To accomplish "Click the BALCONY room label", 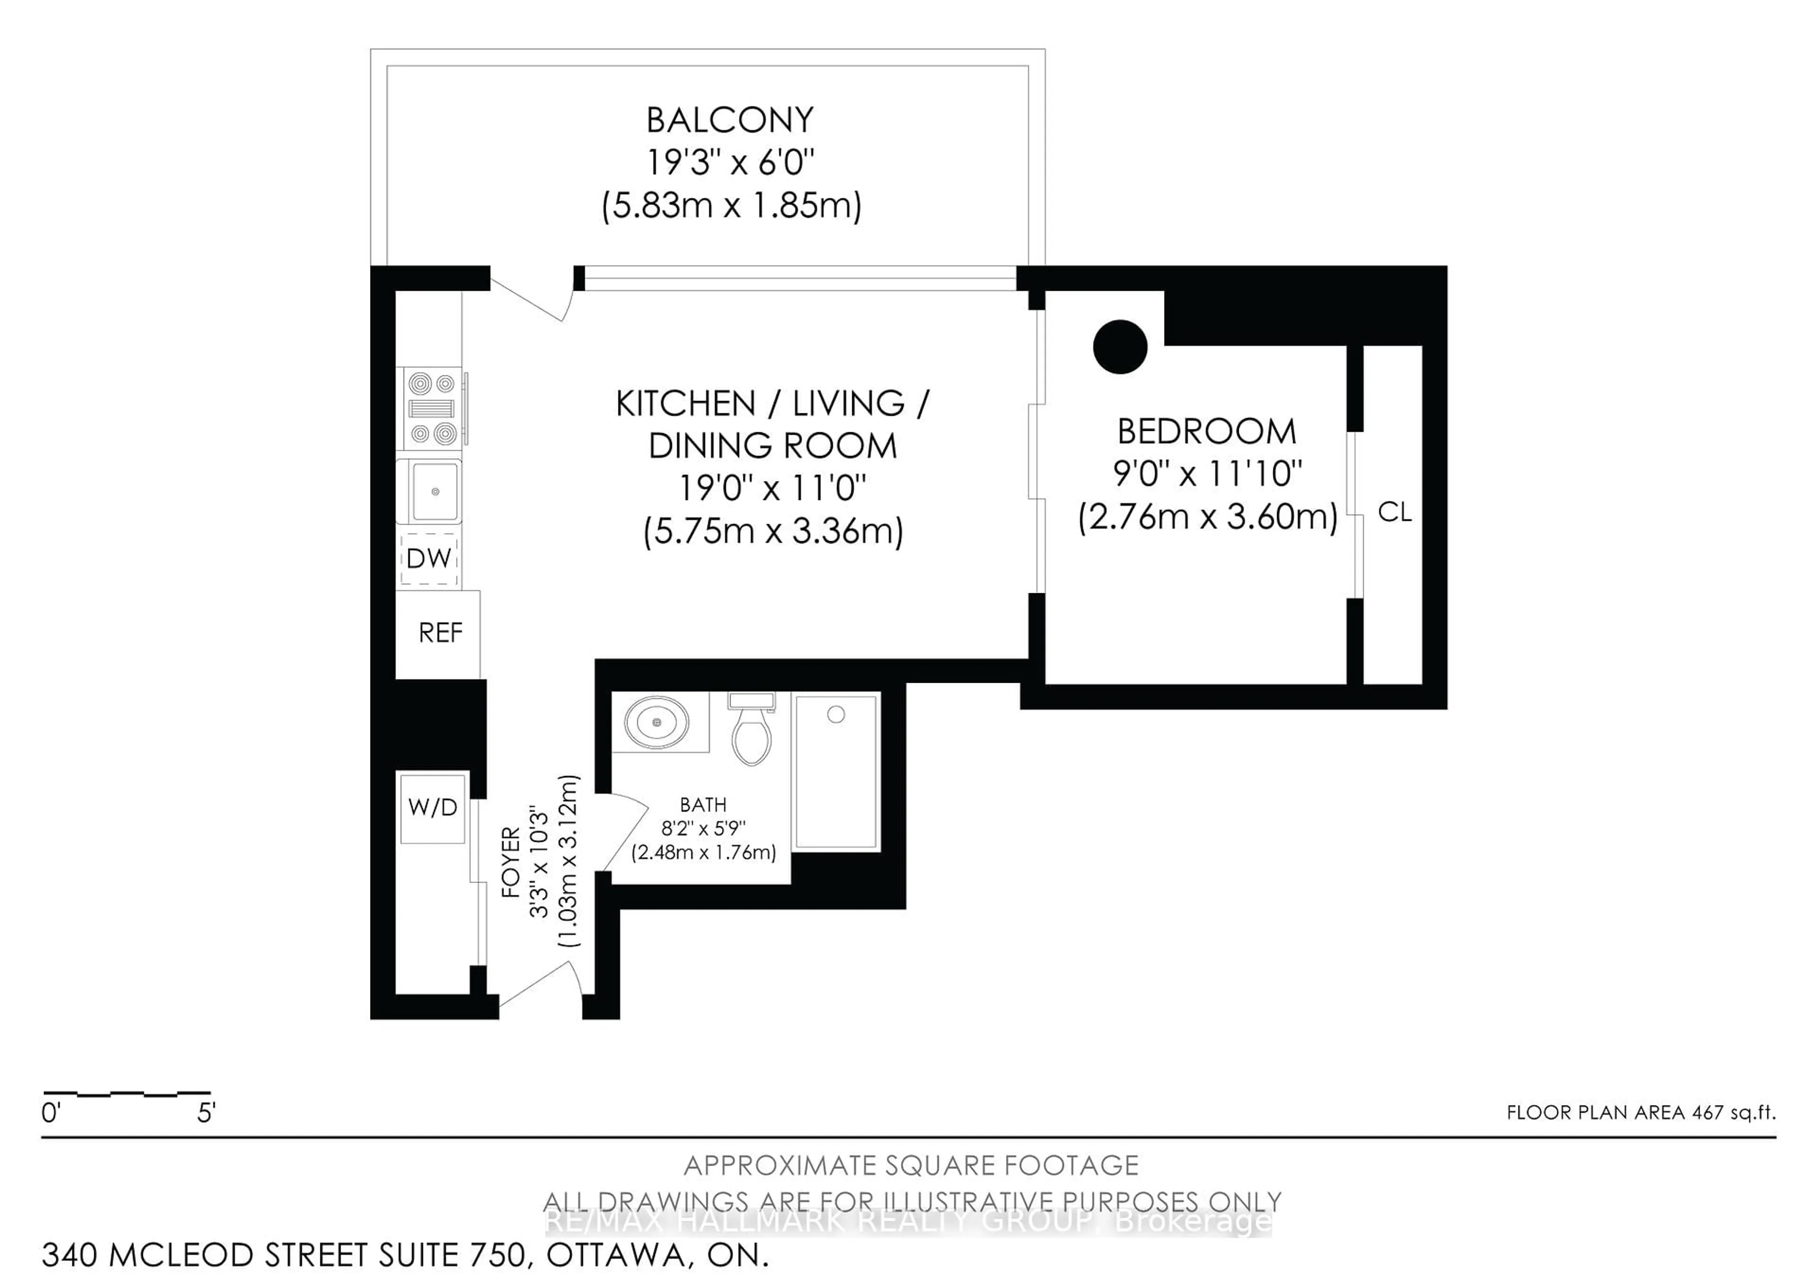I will coord(729,120).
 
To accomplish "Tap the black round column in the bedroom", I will coord(1120,347).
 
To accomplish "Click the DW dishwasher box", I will coord(429,558).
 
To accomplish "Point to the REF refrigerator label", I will coord(440,633).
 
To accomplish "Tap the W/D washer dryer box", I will coord(432,808).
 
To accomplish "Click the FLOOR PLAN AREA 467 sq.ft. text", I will coord(1641,1112).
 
